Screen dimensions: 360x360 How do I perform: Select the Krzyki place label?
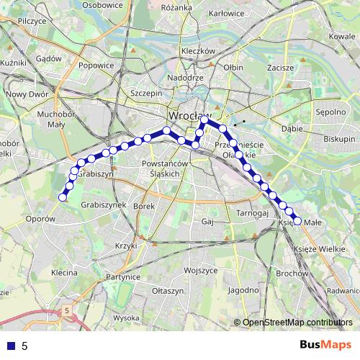pyautogui.click(x=125, y=246)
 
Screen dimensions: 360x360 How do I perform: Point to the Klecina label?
pyautogui.click(x=64, y=274)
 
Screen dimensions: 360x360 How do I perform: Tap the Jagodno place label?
pyautogui.click(x=243, y=289)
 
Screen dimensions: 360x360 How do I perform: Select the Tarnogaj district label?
pyautogui.click(x=252, y=213)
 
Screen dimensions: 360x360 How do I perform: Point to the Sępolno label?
pyautogui.click(x=331, y=113)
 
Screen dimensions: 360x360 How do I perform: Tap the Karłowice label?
pyautogui.click(x=222, y=13)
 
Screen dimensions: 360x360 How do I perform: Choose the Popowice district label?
pyautogui.click(x=96, y=65)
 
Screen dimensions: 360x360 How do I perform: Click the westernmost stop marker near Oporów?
pyautogui.click(x=63, y=197)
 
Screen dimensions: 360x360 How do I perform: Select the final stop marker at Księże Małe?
pyautogui.click(x=297, y=221)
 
